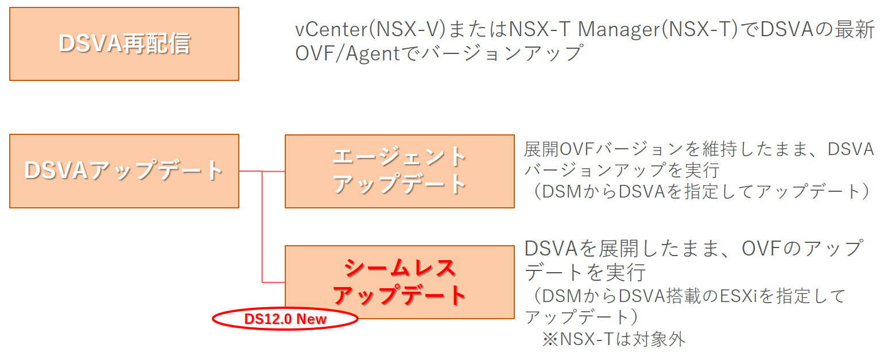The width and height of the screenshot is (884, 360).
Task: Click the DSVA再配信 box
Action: (x=124, y=44)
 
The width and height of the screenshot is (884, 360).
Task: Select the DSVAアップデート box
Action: (x=124, y=171)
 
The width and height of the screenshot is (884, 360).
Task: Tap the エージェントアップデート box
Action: (x=400, y=171)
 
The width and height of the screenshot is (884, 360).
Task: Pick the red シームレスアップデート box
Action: (x=400, y=281)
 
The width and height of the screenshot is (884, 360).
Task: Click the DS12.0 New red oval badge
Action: (x=285, y=319)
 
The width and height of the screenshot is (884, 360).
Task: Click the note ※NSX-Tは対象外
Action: (x=614, y=339)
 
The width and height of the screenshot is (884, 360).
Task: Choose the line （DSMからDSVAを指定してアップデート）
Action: (x=700, y=191)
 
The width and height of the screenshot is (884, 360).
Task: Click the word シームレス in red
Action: (x=400, y=268)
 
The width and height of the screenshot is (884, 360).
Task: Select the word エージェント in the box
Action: (x=400, y=157)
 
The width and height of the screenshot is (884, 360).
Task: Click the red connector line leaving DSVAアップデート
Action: (x=250, y=171)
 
